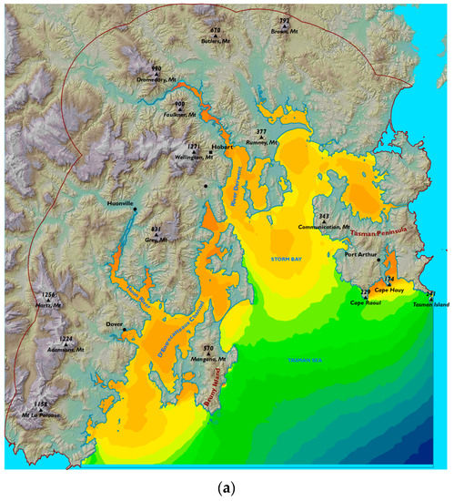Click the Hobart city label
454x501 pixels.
coord(224,146)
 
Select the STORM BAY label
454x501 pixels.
coord(290,261)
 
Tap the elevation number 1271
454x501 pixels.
coord(193,145)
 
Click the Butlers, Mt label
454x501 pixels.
coord(216,43)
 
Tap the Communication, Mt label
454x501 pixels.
coord(323,228)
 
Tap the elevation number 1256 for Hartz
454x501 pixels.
coord(49,295)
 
